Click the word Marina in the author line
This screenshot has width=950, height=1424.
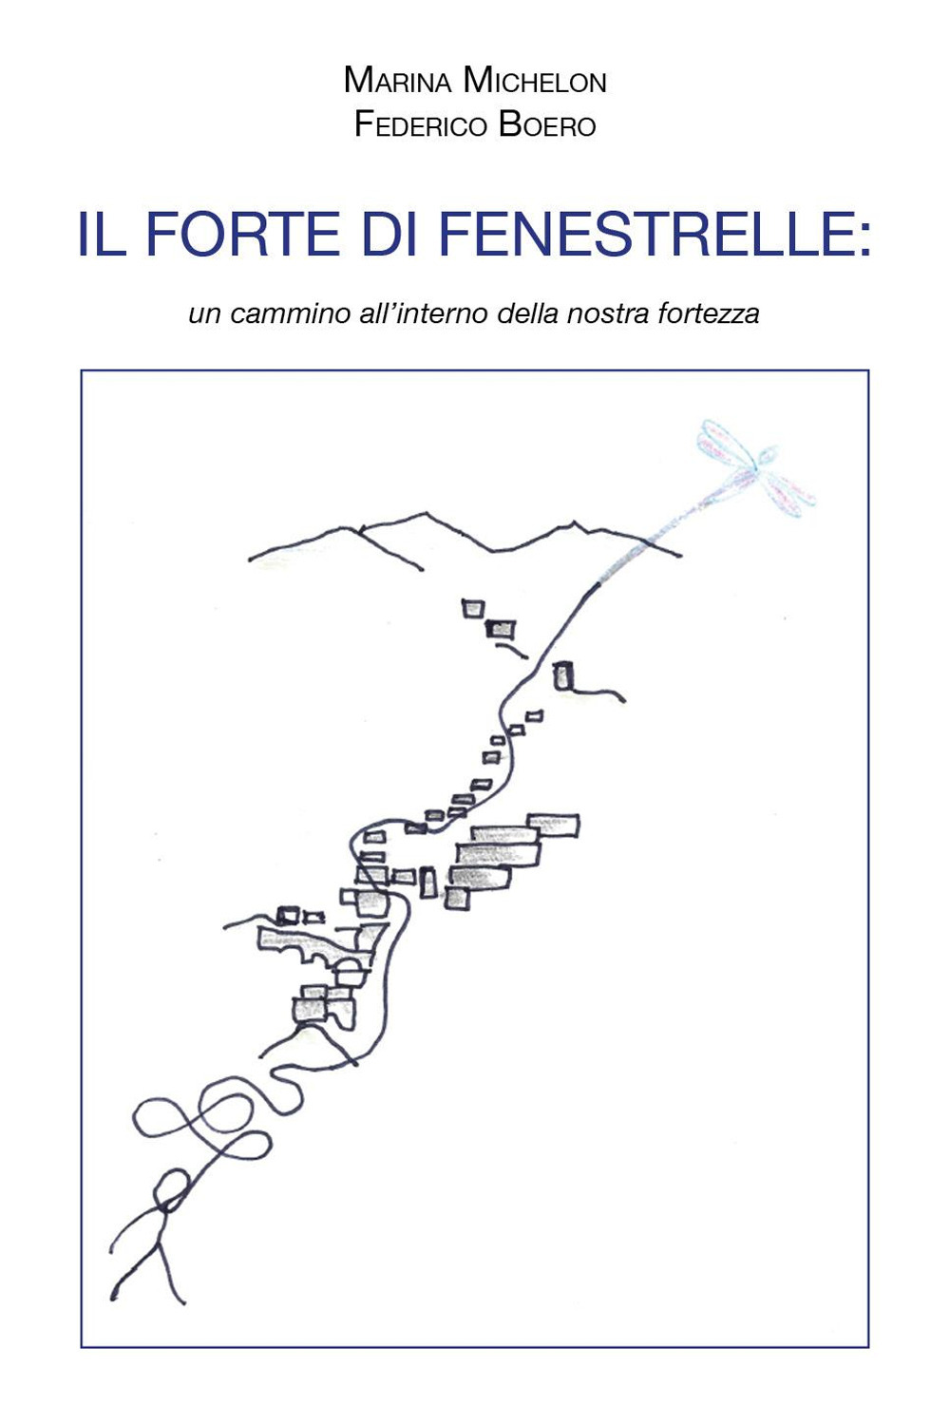[397, 82]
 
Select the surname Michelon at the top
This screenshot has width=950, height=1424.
[535, 82]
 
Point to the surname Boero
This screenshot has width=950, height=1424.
[547, 125]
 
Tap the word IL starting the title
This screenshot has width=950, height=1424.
[102, 234]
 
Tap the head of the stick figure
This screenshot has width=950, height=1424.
[172, 1187]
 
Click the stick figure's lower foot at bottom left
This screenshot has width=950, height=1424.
[116, 1294]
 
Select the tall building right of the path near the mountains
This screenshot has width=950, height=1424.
[563, 676]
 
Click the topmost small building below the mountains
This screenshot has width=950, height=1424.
[473, 608]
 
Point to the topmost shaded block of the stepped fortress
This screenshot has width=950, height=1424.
[553, 825]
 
